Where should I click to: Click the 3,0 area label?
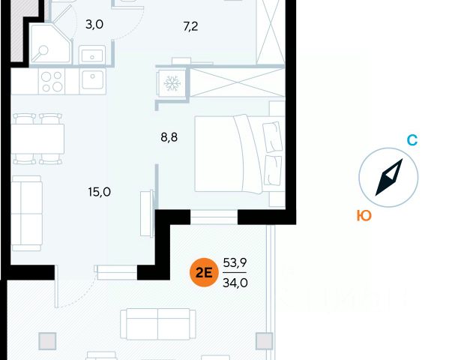[94, 24]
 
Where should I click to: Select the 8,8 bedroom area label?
[171, 138]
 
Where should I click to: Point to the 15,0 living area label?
[99, 191]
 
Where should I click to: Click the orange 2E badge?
[203, 273]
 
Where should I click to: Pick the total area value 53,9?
[235, 263]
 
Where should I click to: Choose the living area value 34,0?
[235, 283]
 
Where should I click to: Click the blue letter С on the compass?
[412, 140]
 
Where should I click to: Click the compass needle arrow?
[388, 178]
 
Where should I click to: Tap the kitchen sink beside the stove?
[94, 80]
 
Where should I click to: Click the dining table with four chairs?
[37, 139]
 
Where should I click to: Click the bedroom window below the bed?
[214, 217]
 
